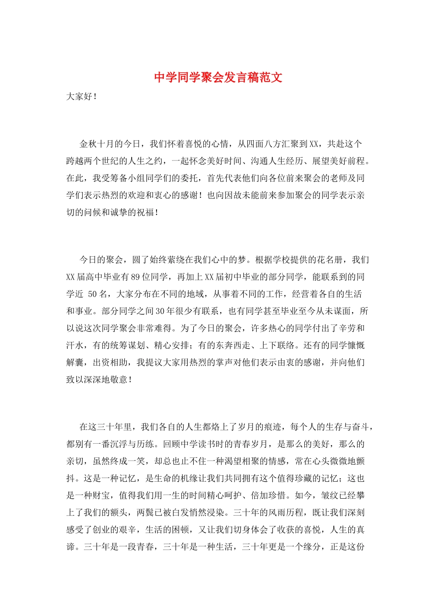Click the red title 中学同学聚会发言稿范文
(218, 77)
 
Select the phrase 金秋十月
(97, 144)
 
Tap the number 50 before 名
(92, 294)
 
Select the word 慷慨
(356, 346)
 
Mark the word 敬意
(119, 380)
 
